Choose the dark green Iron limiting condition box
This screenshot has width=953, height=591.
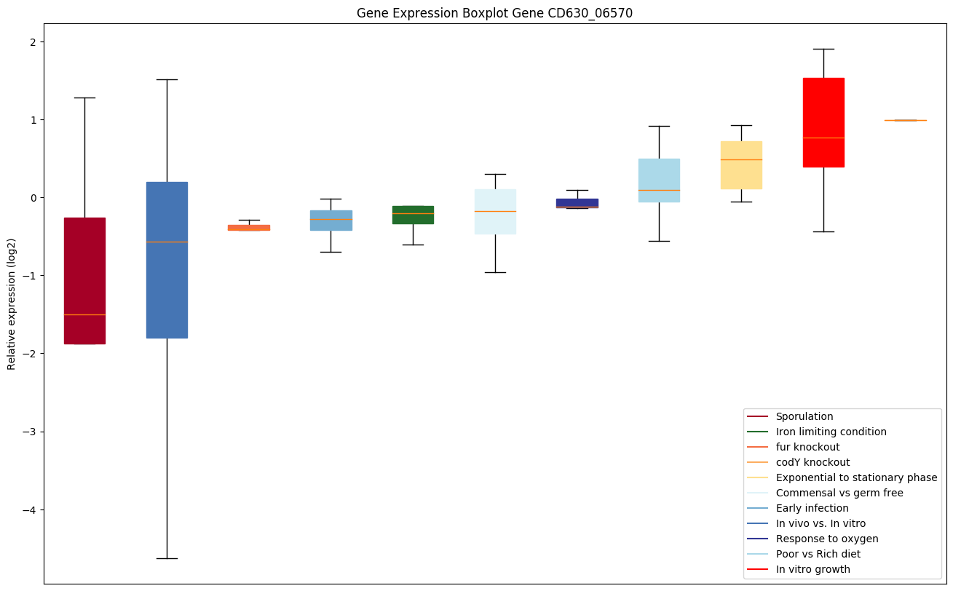click(x=413, y=215)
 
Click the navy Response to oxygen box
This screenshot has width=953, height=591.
click(x=577, y=203)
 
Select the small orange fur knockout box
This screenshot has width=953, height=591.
click(x=249, y=228)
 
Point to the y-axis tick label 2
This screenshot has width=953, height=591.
click(x=32, y=41)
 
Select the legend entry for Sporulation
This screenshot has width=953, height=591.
click(x=804, y=416)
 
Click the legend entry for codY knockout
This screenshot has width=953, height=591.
click(x=812, y=462)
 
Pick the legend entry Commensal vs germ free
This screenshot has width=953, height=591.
click(x=839, y=493)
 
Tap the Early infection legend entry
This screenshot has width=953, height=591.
click(x=812, y=508)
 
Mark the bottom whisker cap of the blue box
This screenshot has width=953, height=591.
click(x=167, y=558)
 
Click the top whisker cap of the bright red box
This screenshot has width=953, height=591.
click(x=823, y=49)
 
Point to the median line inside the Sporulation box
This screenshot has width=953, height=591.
click(x=84, y=314)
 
